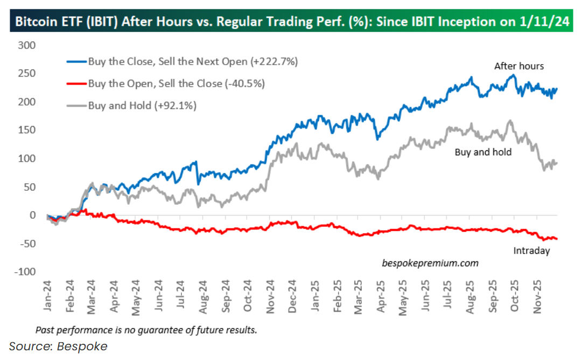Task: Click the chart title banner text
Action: coord(291,23)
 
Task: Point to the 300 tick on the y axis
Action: coord(27,45)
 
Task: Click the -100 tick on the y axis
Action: coord(25,272)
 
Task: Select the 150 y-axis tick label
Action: coord(27,130)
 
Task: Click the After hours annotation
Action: coord(519,66)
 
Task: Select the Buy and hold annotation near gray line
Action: coord(483,152)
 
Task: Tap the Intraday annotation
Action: coord(531,251)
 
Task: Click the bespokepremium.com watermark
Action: coord(430,263)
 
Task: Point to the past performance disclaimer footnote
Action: coord(146,329)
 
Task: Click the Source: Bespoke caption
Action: coord(58,346)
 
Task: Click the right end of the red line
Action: coord(556,238)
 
